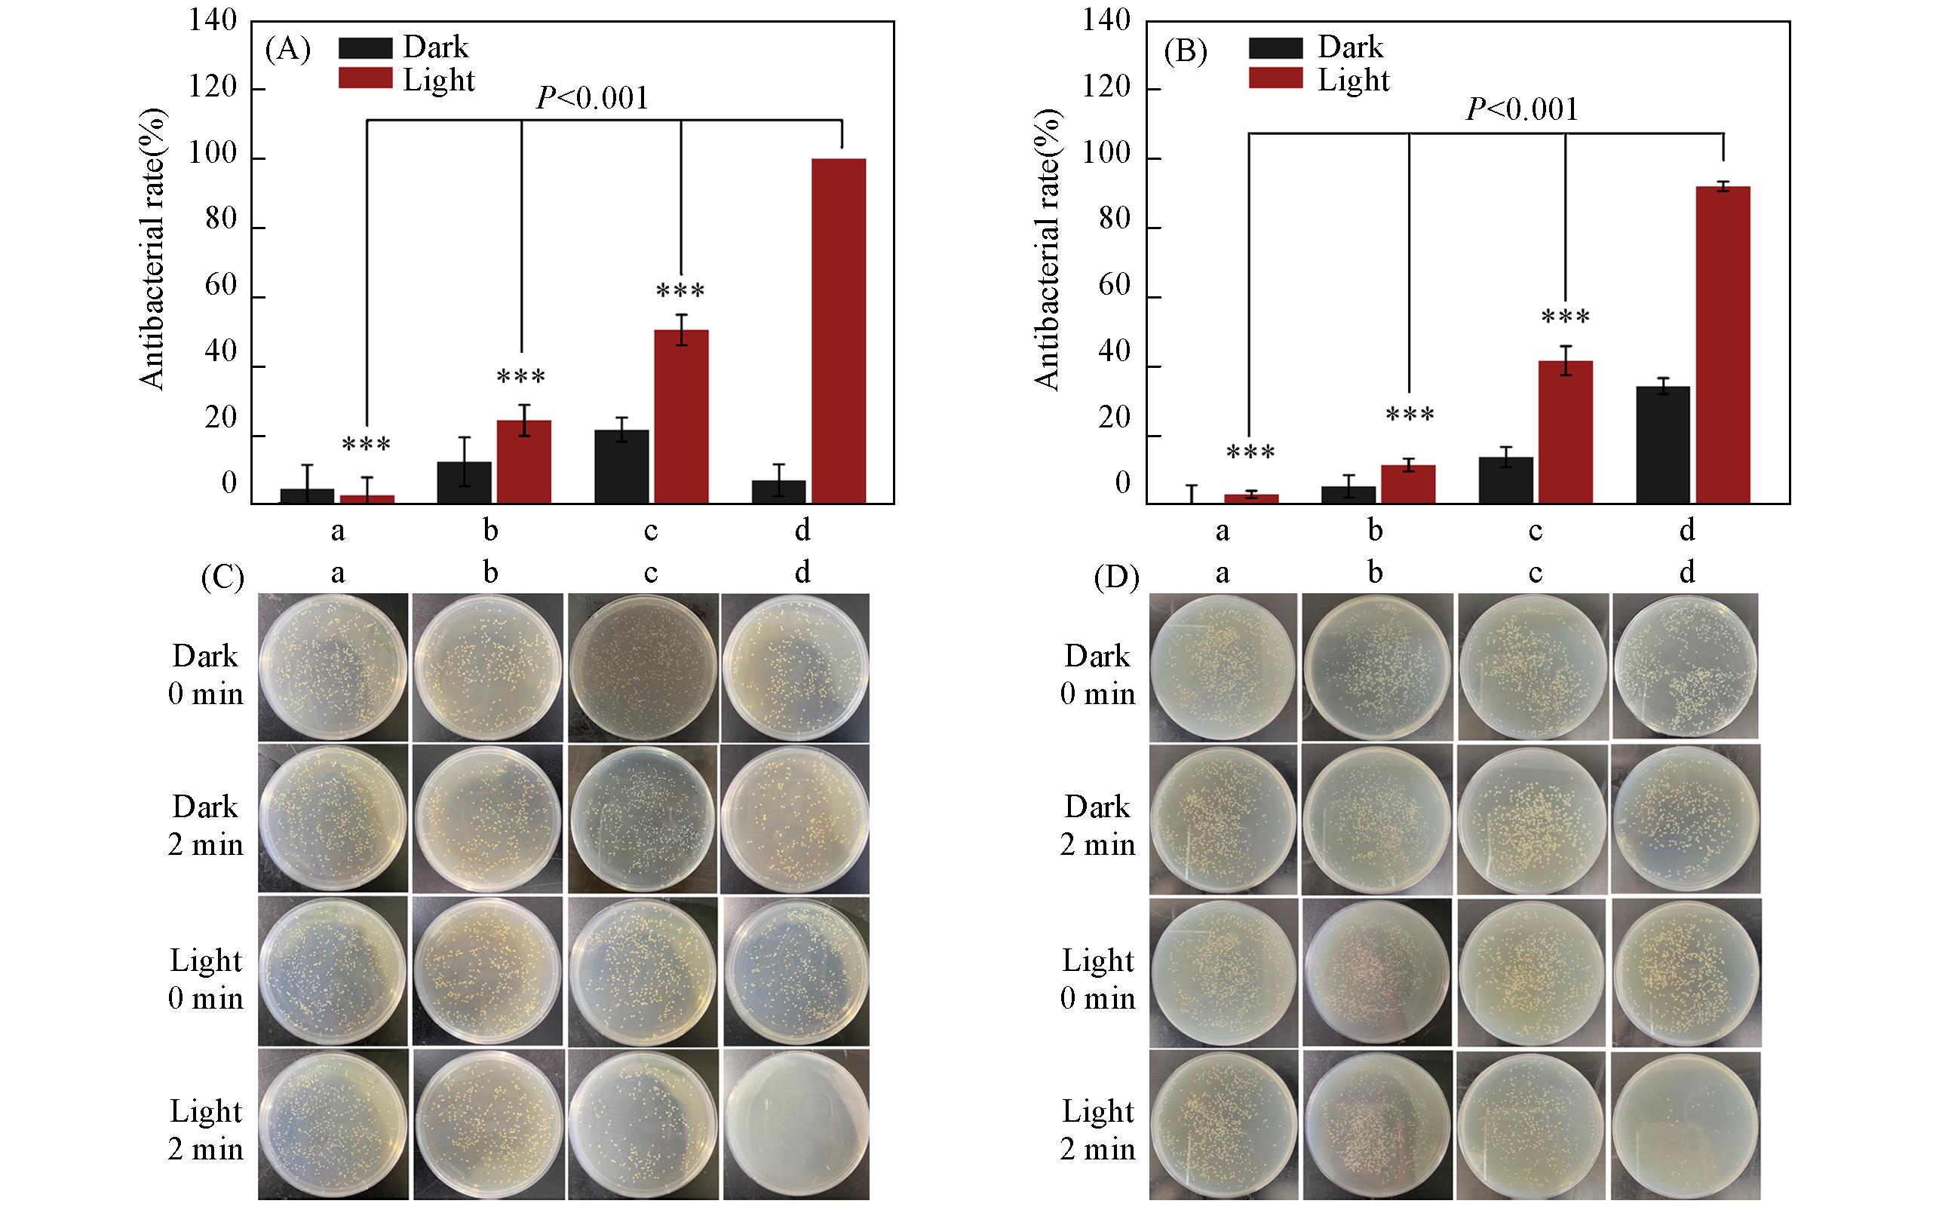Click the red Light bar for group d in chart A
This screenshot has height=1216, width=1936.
[838, 331]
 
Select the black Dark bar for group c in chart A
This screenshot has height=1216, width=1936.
[621, 467]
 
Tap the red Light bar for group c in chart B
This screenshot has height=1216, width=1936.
[1566, 433]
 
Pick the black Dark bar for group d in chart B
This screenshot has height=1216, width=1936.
[1663, 446]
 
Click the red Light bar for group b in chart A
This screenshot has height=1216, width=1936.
[523, 462]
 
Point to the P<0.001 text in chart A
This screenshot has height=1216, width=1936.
[592, 99]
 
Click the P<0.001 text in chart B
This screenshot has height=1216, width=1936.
[1522, 109]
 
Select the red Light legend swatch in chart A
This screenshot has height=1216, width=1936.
[365, 78]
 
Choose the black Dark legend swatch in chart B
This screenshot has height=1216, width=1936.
[1275, 47]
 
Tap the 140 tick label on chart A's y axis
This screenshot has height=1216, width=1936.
[213, 21]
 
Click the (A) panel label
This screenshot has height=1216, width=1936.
[287, 50]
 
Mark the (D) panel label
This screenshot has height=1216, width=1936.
[1116, 578]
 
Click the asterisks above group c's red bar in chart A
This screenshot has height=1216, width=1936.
[680, 291]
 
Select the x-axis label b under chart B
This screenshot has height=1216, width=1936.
[1375, 530]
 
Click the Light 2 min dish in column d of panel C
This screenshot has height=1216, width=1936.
[796, 1123]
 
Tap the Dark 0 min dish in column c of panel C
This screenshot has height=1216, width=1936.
[643, 667]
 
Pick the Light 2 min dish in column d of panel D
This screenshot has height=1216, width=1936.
[1686, 1123]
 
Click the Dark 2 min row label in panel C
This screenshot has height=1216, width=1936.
[205, 825]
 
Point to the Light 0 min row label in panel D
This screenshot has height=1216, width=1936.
[1097, 979]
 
